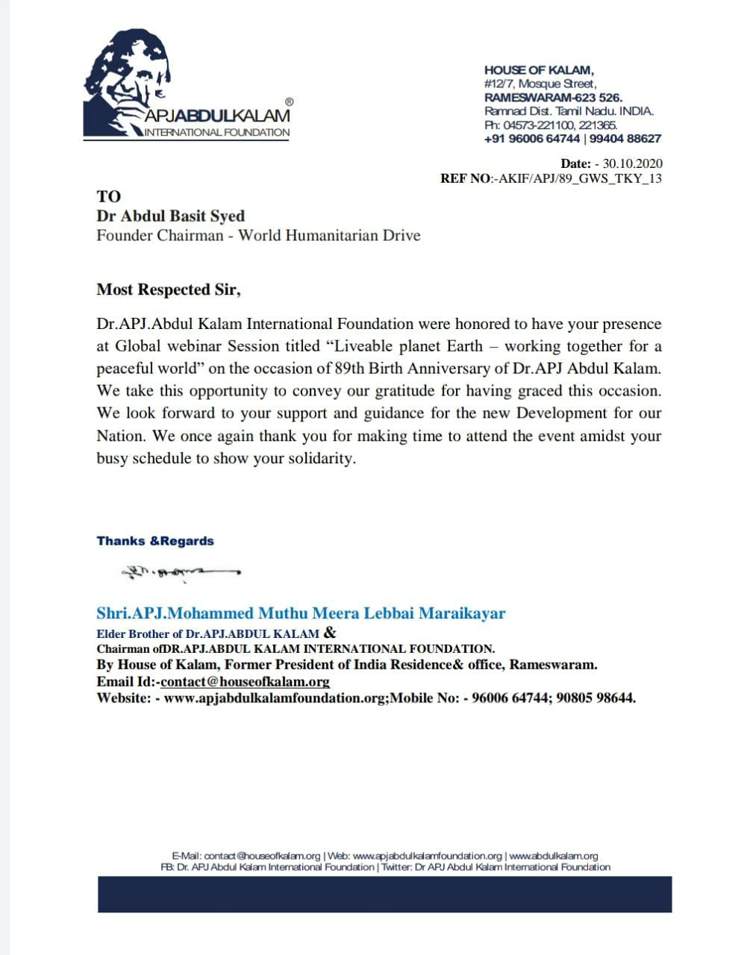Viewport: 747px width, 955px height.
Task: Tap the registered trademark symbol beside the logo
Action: [290, 101]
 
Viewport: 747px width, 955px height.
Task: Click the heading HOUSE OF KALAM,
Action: [539, 70]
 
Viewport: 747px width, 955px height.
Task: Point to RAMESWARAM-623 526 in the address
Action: [553, 97]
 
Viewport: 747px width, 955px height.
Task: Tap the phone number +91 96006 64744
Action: [531, 139]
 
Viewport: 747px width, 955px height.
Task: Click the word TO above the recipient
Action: [108, 196]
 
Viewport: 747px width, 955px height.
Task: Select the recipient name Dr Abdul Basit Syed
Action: [170, 216]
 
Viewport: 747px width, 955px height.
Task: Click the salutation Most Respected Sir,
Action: [169, 289]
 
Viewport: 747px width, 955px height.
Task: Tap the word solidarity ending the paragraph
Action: [322, 458]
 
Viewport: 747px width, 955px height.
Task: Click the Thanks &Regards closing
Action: [155, 541]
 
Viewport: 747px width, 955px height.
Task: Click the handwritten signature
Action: [179, 573]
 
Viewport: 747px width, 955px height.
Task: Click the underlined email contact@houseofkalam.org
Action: [245, 681]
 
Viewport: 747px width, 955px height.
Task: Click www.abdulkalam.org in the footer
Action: [553, 856]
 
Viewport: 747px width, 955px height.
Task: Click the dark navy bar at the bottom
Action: [384, 894]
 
